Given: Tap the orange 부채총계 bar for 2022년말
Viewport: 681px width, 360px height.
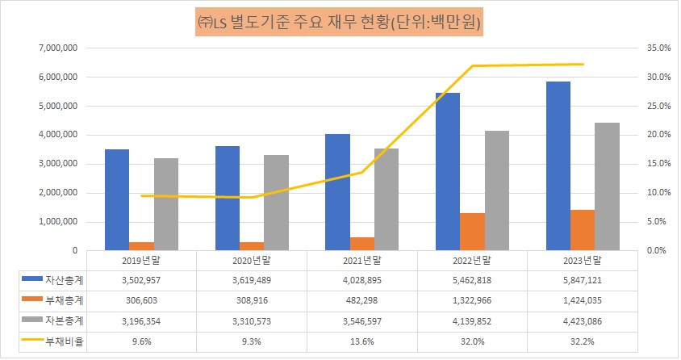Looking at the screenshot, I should (x=472, y=232).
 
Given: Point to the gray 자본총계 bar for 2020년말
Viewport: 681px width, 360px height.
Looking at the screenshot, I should (x=276, y=203).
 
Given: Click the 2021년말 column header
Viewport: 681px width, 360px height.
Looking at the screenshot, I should (x=361, y=260).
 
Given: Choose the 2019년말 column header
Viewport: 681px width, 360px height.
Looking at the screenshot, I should (x=142, y=260).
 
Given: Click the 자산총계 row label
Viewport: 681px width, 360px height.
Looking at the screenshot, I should (x=56, y=279).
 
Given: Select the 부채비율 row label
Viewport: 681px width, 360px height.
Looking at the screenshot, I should (x=56, y=341).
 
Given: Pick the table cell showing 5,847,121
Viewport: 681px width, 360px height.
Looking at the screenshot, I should (x=581, y=279).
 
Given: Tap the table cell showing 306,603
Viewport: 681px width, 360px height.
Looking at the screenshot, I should (x=142, y=300).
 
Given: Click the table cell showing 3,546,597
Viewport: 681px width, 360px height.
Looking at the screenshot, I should (x=361, y=320).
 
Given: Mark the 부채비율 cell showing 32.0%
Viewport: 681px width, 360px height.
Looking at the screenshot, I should (x=471, y=341).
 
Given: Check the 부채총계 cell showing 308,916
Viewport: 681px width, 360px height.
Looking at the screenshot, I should (x=252, y=300).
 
